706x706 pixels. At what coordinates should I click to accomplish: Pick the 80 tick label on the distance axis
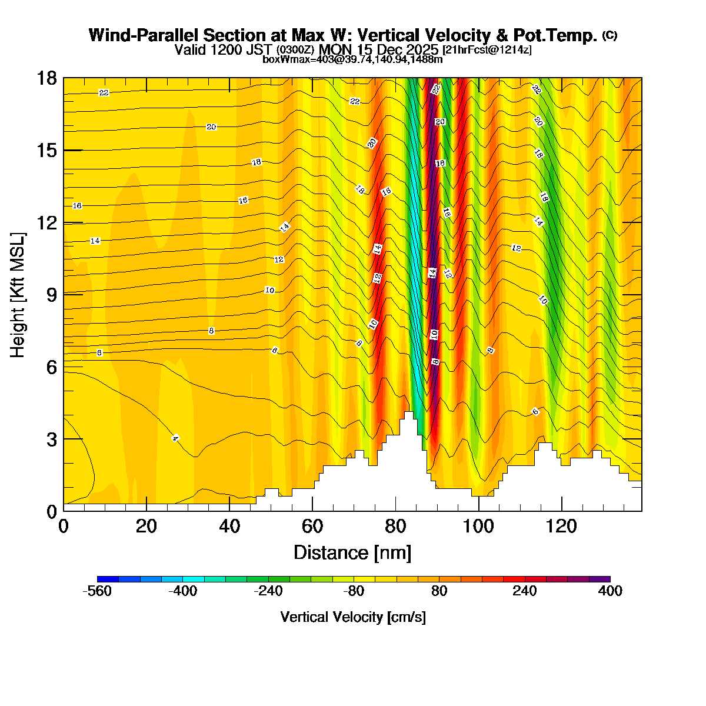[x=395, y=525]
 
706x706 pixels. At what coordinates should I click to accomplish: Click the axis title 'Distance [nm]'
[x=352, y=552]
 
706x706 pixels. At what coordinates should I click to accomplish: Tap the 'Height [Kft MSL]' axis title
[x=18, y=294]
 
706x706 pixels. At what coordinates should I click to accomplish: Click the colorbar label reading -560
[x=97, y=591]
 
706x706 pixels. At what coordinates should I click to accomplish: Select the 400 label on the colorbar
[x=610, y=591]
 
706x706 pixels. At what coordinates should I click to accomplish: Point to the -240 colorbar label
[x=268, y=591]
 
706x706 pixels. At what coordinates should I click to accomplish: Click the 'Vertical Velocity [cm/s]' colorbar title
[x=353, y=617]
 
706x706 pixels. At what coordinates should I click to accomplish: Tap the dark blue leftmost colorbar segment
[x=108, y=580]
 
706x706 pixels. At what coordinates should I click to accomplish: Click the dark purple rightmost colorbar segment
[x=600, y=580]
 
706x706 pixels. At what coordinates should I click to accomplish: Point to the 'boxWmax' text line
[x=352, y=59]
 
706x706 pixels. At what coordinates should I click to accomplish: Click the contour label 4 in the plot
[x=175, y=438]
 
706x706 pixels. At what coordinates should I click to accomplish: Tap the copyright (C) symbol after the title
[x=610, y=35]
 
